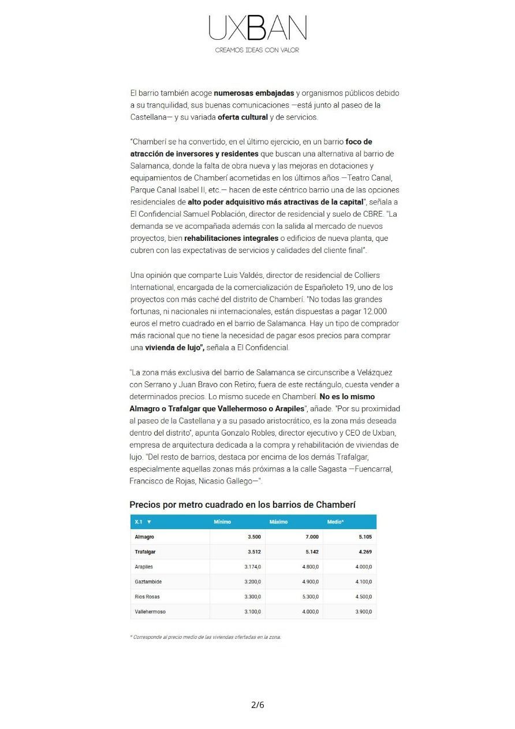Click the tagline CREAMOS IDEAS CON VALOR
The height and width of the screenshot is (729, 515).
coord(257,50)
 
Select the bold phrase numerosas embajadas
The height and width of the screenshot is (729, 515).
coord(253,93)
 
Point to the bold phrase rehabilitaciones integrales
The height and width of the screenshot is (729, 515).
coord(231,238)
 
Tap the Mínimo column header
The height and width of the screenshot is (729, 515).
coord(222,522)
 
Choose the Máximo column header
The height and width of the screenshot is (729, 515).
coord(278,522)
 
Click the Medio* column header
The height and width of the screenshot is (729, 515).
coord(335,522)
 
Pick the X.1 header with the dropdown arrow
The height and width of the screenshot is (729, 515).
coord(143,522)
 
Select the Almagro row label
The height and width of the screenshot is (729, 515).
coord(144,537)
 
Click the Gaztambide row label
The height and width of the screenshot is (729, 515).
coord(148,582)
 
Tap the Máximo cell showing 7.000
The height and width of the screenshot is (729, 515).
coord(312,537)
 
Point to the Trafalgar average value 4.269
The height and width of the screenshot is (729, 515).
coord(365,552)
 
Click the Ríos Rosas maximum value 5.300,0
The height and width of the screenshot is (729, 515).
coord(310,597)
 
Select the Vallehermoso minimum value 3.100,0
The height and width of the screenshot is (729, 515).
coord(252,612)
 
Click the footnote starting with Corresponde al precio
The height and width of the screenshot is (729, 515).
coord(206,637)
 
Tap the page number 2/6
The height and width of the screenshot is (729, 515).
coord(257,705)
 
